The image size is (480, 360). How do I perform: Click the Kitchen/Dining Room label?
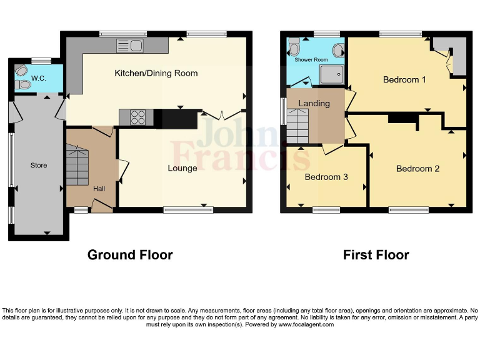pos(156,73)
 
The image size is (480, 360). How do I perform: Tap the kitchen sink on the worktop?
pos(130,45)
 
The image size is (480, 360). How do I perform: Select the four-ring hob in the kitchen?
pos(137,117)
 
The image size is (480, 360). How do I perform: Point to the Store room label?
pos(39,165)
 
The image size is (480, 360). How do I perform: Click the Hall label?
pos(99,188)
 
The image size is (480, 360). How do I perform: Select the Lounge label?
pos(182,167)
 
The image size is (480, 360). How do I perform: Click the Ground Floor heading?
pos(130,255)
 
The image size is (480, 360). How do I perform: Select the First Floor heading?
pos(376,255)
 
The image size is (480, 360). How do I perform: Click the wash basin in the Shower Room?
pos(338,50)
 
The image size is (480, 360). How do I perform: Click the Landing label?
pos(314,103)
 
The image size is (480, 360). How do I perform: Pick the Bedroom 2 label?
pos(417,168)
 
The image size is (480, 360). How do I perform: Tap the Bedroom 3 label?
pos(326,177)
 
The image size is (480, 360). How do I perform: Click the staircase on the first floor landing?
pos(298,125)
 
